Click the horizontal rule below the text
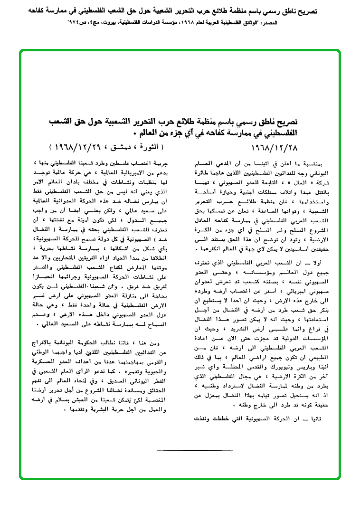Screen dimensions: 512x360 point(194,450)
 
